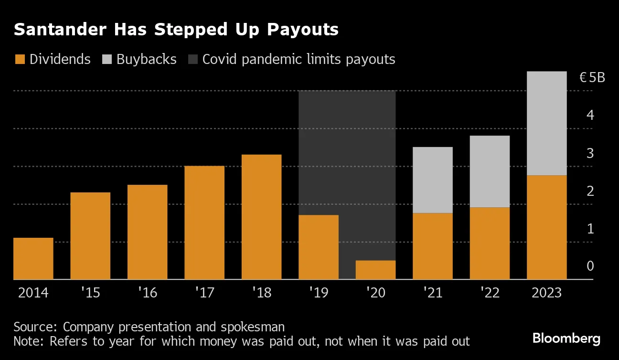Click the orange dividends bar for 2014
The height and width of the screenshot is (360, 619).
[33, 258]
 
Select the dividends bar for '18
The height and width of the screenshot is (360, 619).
[261, 217]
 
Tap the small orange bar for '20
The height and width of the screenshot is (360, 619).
[375, 270]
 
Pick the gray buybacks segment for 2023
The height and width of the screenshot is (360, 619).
[546, 123]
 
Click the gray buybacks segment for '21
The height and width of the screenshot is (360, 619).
[432, 180]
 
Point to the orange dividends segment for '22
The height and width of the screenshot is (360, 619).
[490, 243]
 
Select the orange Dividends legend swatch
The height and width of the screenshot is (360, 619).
[20, 60]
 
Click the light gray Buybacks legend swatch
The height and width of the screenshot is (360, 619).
[107, 60]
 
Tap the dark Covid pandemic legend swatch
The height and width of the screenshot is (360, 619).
[192, 60]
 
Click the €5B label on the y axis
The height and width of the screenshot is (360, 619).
[592, 77]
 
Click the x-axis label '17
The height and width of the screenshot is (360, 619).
[204, 292]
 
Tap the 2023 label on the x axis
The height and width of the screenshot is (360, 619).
[546, 292]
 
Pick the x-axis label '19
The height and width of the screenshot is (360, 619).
[319, 292]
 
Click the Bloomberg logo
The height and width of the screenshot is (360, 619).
[566, 339]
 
